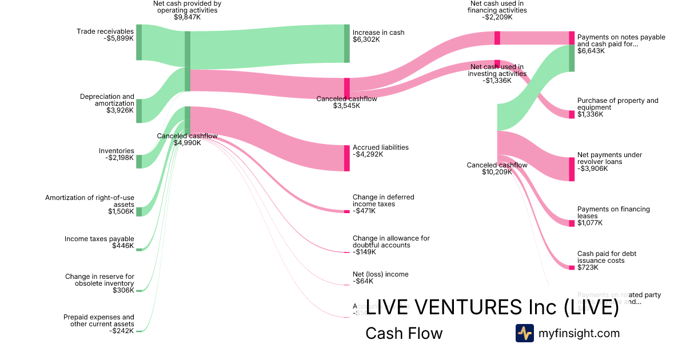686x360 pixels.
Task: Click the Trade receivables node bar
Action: [x=139, y=42]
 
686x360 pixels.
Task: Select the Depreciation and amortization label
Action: [x=107, y=100]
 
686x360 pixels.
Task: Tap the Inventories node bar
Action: [x=139, y=161]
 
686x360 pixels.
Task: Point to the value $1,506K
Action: [x=121, y=211]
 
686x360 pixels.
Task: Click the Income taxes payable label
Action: [x=99, y=239]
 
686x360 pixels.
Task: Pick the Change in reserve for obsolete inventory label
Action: [x=99, y=280]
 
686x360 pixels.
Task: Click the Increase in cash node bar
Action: [x=346, y=43]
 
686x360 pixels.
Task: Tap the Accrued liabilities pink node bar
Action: [x=346, y=158]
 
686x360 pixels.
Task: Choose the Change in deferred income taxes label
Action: [x=383, y=201]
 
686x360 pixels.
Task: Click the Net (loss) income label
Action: [x=381, y=274]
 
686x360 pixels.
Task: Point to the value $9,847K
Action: [x=188, y=17]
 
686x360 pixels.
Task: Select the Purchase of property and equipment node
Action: [x=572, y=114]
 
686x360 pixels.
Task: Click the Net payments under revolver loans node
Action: [x=572, y=169]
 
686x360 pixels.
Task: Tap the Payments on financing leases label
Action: [x=613, y=213]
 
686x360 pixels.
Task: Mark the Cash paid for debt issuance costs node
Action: [x=572, y=267]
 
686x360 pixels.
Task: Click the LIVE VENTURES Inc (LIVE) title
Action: [x=492, y=307]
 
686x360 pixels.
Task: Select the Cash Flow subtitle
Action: [x=404, y=333]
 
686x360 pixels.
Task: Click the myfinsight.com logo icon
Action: [x=524, y=333]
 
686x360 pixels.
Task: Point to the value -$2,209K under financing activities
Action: [x=497, y=17]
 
